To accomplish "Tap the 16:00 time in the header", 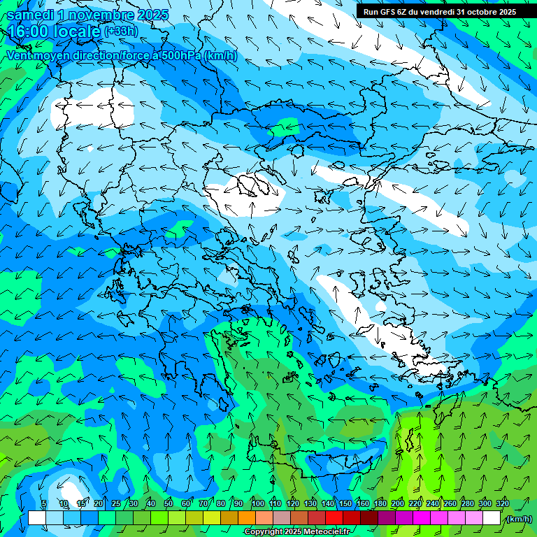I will click(28, 32).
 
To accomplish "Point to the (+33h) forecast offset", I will click(121, 31).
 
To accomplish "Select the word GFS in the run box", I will click(391, 12).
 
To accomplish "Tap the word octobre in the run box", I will click(482, 12).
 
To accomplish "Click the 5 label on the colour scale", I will click(44, 503).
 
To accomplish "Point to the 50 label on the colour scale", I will click(169, 503).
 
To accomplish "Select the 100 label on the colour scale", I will click(257, 503).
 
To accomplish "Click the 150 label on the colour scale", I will click(345, 503).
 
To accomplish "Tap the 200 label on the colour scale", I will click(398, 503).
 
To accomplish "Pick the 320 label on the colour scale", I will click(502, 503).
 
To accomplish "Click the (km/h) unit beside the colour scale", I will click(518, 518).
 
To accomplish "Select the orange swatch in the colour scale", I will click(247, 518).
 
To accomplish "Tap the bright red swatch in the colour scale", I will click(334, 518).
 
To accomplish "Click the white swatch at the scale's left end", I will click(37, 518).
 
